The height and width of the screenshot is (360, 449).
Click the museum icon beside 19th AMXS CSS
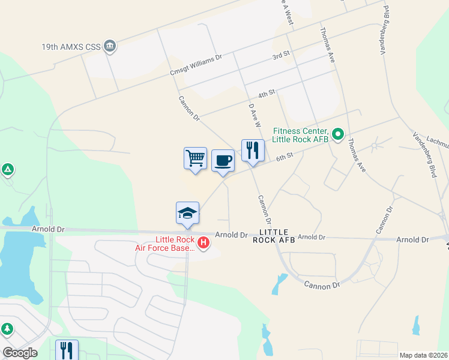pos(109,46)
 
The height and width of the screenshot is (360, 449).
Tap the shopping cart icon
pos(195,158)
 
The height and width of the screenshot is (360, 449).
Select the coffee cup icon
pos(223,160)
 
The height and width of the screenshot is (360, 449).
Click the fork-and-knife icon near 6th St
pos(253,150)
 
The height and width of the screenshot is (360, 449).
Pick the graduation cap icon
pos(187,213)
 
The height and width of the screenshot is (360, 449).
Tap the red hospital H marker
pos(203,243)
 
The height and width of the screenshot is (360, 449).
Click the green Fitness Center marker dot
pos(338,134)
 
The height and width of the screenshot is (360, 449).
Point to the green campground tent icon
pos(7,170)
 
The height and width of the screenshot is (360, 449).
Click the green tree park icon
pos(7,329)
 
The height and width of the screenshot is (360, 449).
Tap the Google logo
pos(20,353)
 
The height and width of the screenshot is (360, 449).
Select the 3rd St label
pos(281,55)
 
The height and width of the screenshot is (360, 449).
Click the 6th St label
pos(285,156)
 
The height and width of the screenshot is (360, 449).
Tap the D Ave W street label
pos(255,114)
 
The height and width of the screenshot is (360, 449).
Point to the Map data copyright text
pos(423,355)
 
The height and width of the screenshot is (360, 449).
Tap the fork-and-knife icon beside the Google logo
pos(67,350)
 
